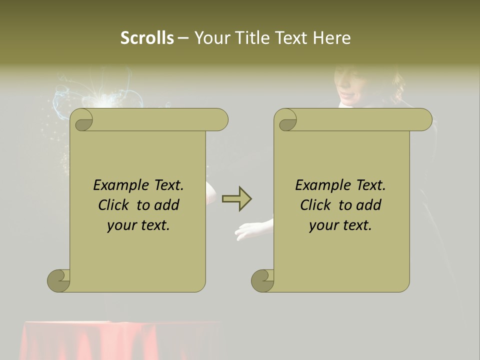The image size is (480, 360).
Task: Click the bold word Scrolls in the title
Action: [x=147, y=37]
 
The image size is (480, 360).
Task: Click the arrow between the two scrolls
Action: [x=236, y=199]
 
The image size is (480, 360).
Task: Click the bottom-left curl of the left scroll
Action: [x=59, y=280]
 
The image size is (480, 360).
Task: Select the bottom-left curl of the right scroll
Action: [x=263, y=280]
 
